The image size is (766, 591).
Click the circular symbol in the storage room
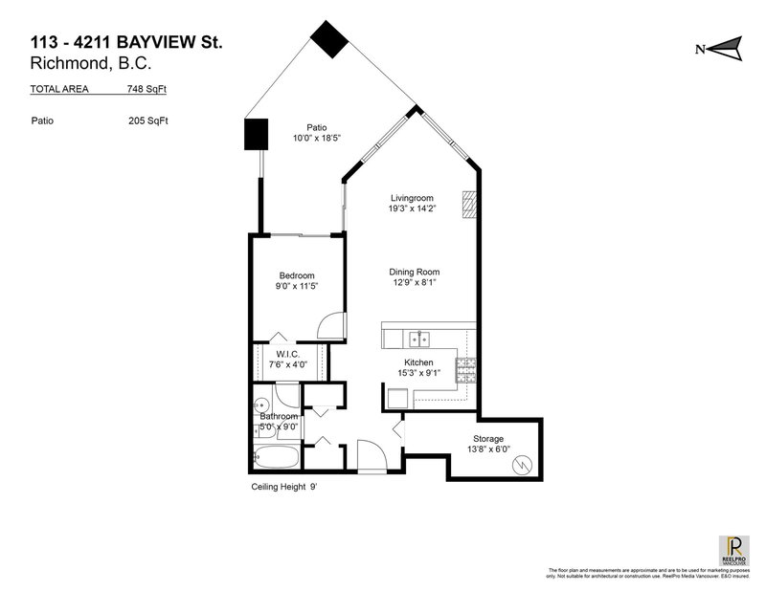523,467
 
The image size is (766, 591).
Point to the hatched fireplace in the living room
468,204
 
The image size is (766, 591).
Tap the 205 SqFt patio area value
149,121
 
